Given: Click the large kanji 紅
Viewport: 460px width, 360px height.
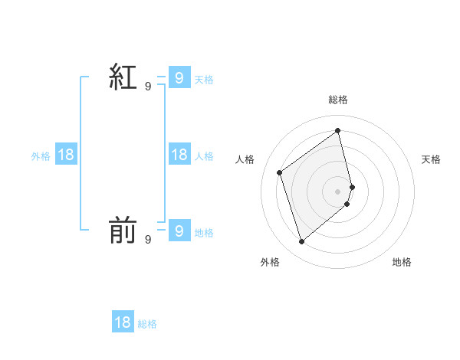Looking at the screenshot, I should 123,77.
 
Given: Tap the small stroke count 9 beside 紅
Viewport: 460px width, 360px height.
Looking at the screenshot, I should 148,87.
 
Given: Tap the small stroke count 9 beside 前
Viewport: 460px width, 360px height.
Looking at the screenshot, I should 148,240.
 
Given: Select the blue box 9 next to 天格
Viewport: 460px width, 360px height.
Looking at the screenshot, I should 179,77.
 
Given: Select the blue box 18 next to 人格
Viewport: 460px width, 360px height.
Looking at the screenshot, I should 179,155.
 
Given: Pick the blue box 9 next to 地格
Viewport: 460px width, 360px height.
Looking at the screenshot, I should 179,230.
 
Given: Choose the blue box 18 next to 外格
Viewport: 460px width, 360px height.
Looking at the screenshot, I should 66,155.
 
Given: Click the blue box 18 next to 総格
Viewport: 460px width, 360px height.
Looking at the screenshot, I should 123,322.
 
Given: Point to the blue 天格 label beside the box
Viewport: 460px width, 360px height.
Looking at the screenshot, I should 204,80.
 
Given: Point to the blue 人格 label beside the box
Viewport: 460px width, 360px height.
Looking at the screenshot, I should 204,156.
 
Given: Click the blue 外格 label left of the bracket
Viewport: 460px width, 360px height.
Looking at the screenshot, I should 41,156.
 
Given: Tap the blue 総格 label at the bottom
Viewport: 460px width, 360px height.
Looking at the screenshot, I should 147,324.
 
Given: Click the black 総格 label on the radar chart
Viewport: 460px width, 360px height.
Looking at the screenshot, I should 338,100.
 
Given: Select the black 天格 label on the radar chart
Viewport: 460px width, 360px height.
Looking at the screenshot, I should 432,159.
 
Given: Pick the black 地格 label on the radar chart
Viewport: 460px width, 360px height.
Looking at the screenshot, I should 402,263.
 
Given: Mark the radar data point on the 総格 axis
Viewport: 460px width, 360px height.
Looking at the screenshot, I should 338,131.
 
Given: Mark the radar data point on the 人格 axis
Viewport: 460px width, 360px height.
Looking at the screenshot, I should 280,172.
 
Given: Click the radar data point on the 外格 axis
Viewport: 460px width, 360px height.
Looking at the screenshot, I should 301,242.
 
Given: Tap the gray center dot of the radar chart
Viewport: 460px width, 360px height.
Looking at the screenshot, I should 338,191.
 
